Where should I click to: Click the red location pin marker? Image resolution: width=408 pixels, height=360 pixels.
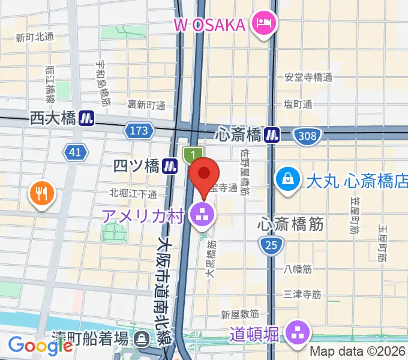click(204, 175)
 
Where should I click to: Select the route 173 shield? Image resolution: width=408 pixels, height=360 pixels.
click(137, 129)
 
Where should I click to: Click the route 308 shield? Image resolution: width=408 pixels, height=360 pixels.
click(307, 136)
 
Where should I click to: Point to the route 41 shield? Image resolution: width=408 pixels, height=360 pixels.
click(75, 152)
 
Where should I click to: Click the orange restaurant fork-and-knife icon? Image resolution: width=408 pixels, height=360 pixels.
click(41, 194)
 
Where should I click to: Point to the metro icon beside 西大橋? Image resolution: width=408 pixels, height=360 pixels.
click(88, 118)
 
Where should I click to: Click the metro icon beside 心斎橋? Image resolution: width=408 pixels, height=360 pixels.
click(273, 134)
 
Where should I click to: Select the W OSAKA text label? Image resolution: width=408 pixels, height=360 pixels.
click(210, 25)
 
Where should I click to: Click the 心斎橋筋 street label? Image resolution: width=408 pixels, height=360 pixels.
click(291, 224)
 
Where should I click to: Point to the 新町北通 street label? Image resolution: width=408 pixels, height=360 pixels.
click(35, 37)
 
